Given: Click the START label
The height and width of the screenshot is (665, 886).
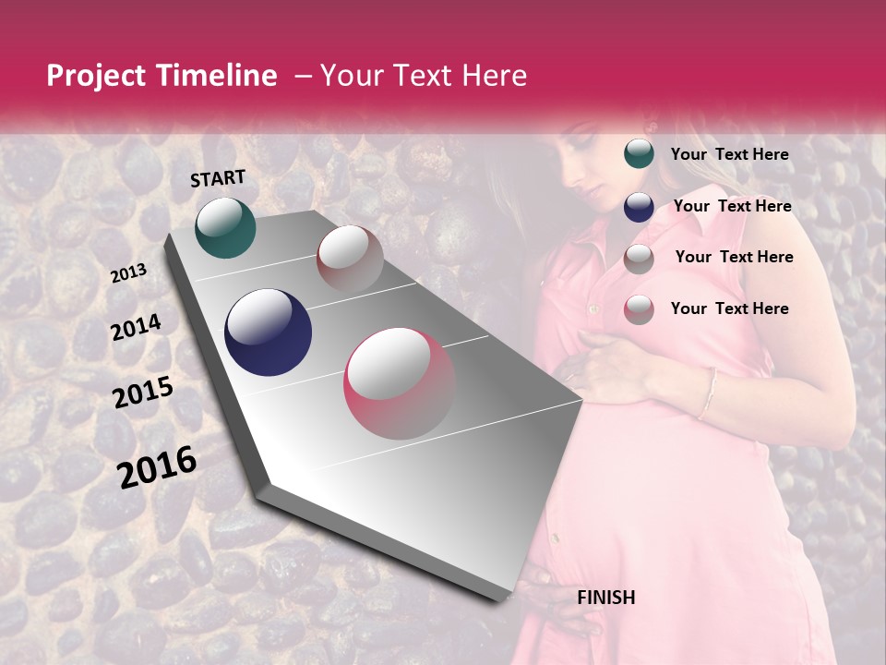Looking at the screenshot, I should pos(218,178).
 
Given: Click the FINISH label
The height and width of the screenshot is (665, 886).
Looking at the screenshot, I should pos(605,598).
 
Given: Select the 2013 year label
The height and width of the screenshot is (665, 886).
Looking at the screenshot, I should pos(128,273).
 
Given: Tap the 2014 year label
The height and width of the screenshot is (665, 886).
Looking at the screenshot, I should pos(136,328).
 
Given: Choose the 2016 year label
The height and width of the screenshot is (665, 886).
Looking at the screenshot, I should pos(157,467).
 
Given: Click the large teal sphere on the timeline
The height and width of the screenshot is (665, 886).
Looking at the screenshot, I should pos(225,227).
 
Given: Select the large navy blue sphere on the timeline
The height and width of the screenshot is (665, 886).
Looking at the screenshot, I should pos(268,332).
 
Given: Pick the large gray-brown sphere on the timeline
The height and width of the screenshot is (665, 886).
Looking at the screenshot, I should pos(350,259).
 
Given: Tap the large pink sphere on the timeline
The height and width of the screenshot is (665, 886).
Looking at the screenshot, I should pos(400,383).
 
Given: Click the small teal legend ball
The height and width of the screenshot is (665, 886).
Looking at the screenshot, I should pos(639,154).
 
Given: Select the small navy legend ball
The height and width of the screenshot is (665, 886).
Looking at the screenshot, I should pos(639,207).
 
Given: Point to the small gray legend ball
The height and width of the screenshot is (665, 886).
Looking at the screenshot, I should pos(639,259).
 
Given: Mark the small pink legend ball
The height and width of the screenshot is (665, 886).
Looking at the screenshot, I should pos(639,309).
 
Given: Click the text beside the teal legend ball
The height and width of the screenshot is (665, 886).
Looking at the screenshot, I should pos(729,155).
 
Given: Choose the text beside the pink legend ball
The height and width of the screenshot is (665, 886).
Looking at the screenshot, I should pos(729,308).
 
